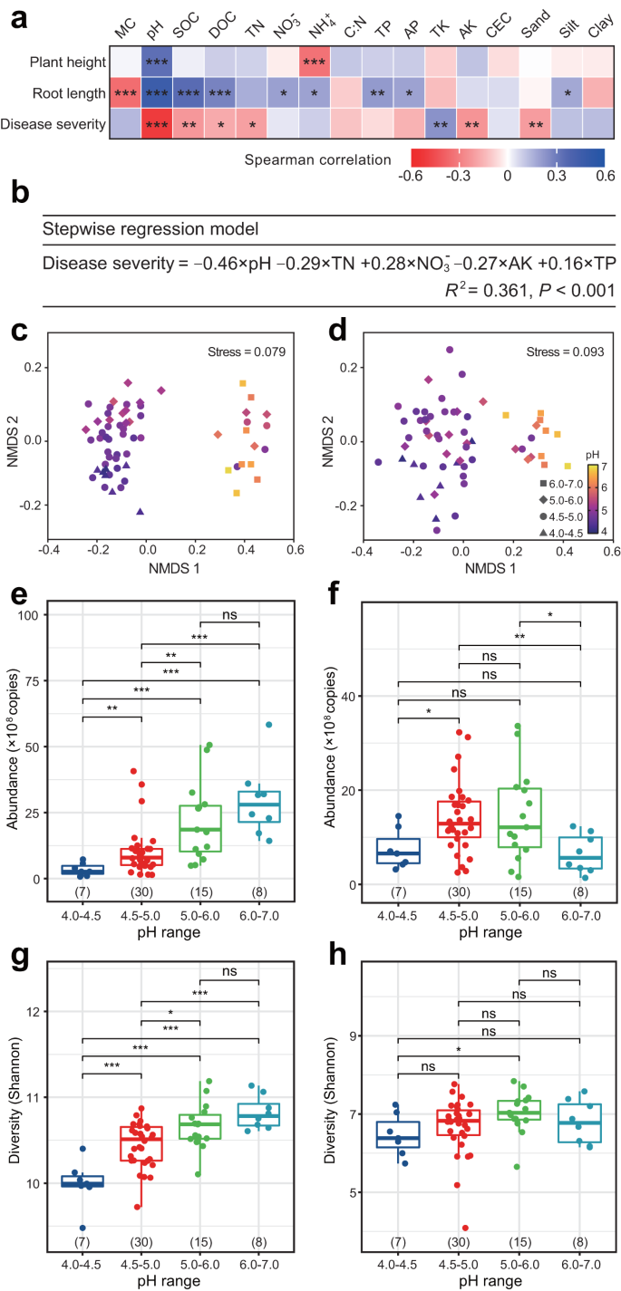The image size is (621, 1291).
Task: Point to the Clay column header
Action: pyautogui.click(x=597, y=33)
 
